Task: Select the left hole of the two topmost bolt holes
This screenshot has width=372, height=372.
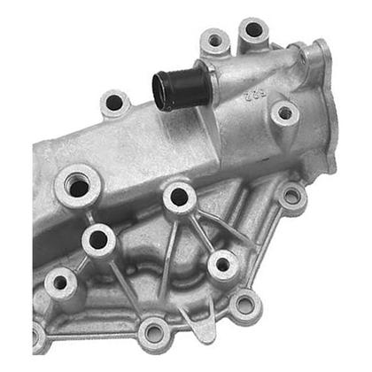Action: click(215, 40)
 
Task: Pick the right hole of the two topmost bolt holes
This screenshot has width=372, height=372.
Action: click(253, 29)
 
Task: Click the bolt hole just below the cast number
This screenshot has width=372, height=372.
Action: click(283, 112)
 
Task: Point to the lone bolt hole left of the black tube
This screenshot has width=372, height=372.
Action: click(114, 103)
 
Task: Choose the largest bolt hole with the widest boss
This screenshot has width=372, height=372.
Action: click(78, 187)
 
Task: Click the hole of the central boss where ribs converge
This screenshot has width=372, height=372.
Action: click(179, 197)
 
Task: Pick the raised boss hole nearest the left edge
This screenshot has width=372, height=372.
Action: click(60, 283)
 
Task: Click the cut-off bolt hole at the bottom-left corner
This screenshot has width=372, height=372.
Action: click(36, 337)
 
